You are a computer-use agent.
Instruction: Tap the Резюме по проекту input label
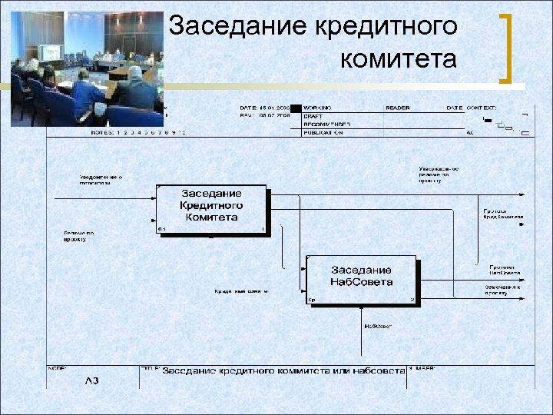[x=79, y=236]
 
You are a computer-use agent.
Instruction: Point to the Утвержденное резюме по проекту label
[x=439, y=176]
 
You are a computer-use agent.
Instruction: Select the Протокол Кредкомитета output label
[x=503, y=214]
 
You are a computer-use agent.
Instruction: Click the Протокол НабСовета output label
[x=505, y=270]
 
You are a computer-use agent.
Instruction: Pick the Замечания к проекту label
[x=502, y=290]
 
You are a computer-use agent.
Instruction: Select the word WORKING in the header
[x=319, y=108]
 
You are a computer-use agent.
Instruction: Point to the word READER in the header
[x=398, y=108]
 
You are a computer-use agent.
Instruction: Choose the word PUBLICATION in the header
[x=323, y=132]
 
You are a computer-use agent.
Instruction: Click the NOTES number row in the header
[x=139, y=132]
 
